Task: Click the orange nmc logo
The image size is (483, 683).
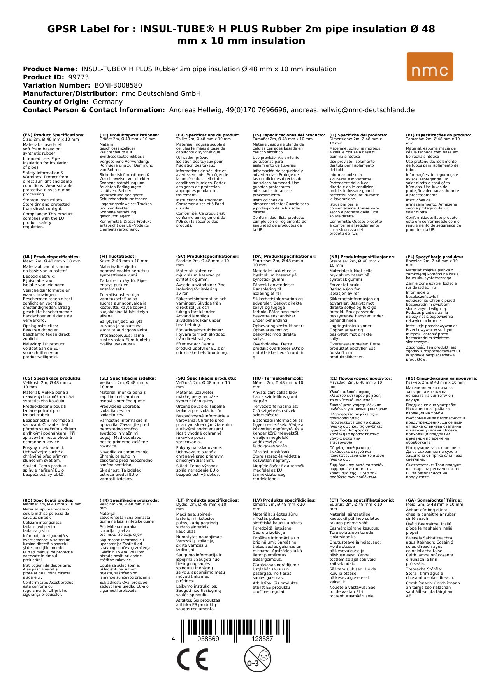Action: click(x=430, y=67)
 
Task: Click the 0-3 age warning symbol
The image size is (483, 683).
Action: click(x=257, y=659)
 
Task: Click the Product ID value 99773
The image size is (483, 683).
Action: click(x=78, y=77)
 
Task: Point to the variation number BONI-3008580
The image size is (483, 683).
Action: click(x=118, y=85)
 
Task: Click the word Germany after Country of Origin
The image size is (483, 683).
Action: click(x=107, y=102)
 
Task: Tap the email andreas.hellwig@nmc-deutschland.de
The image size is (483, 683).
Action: click(x=353, y=110)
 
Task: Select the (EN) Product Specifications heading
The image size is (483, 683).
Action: click(x=54, y=135)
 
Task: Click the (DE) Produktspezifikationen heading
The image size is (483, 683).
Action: click(x=129, y=135)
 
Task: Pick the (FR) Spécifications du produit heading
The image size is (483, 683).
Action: click(x=207, y=135)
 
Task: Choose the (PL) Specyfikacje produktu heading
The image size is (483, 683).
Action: click(x=434, y=257)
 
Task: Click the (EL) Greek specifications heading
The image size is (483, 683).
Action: click(x=361, y=378)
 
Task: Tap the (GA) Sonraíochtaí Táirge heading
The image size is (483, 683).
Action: click(x=434, y=500)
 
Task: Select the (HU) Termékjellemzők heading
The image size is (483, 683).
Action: click(x=278, y=378)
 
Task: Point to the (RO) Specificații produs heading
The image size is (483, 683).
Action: click(x=48, y=500)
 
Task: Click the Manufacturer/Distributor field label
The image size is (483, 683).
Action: click(x=70, y=93)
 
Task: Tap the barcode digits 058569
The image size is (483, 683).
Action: click(x=208, y=639)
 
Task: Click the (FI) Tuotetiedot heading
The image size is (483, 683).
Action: click(x=118, y=257)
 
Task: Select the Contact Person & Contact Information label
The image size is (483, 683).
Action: click(x=94, y=110)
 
